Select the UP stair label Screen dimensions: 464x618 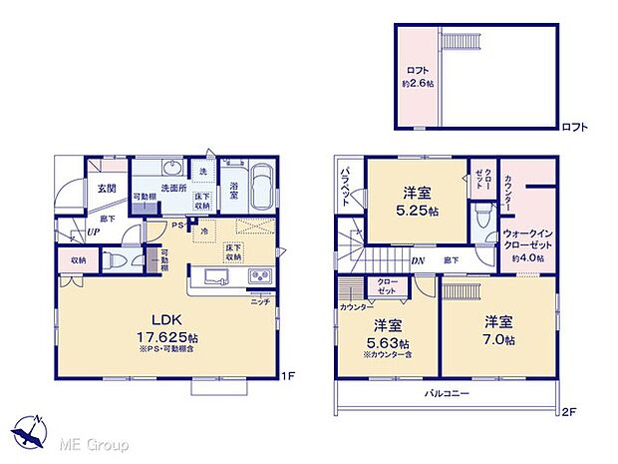(93, 232)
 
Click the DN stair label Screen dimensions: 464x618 (421, 260)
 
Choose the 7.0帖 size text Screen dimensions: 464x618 (499, 340)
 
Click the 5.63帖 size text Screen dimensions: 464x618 (387, 341)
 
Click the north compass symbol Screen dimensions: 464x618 (33, 430)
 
